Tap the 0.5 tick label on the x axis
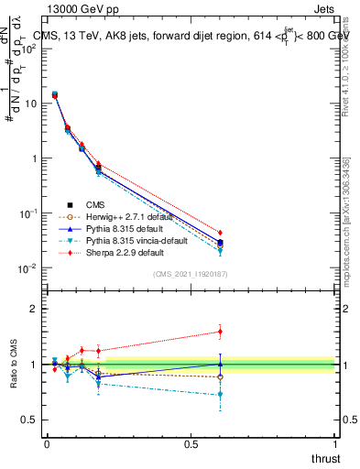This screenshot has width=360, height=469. pos(191,443)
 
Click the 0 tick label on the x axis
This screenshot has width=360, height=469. pos(47,443)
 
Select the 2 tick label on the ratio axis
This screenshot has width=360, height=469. pos(33,310)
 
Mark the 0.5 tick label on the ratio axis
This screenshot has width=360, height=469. pos(29,420)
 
